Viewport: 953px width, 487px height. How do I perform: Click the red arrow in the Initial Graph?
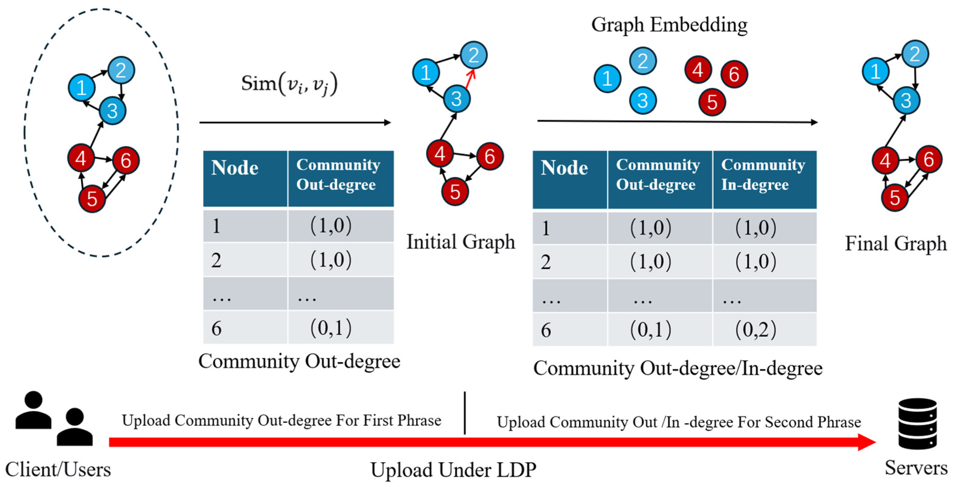coord(470,79)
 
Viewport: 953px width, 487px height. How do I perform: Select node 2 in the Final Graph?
coord(915,54)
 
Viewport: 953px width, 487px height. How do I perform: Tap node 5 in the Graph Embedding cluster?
coord(712,102)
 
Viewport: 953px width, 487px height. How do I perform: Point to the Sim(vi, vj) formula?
coord(289,84)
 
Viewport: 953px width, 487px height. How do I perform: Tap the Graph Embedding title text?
coord(669,25)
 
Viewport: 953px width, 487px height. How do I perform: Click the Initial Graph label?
coord(460,242)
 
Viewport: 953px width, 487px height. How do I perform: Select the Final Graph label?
coord(895,244)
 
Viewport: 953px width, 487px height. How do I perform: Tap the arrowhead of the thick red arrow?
coord(866,442)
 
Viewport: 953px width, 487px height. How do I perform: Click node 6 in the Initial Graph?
coord(489,156)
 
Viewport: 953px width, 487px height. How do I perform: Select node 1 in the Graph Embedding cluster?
coord(607,78)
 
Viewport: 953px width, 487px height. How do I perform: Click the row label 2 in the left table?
coord(217,260)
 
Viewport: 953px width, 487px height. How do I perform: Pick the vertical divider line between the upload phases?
coord(465,413)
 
